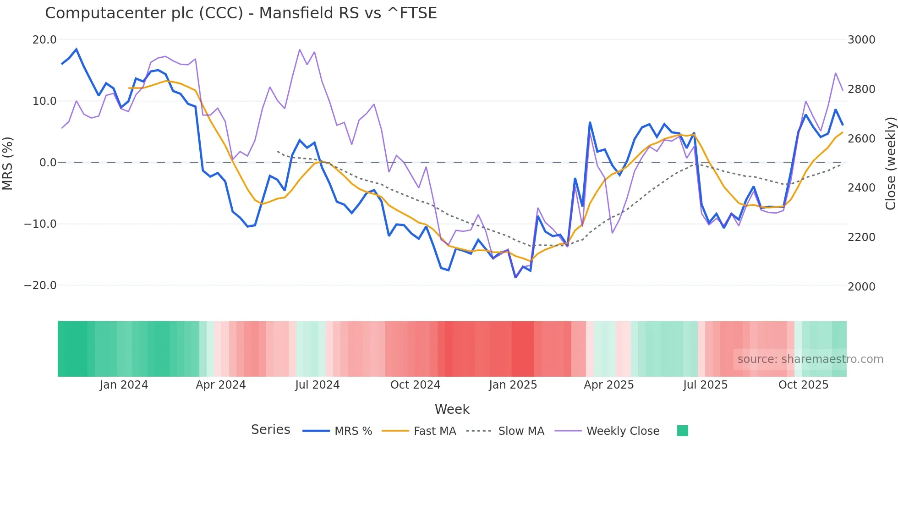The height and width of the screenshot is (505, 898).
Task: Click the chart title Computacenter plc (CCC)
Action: coord(241,13)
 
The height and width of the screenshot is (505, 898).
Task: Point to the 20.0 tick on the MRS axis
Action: coord(44,40)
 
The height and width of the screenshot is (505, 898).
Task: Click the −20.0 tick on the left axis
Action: coord(40,285)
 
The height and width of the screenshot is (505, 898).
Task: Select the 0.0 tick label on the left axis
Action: coord(48,163)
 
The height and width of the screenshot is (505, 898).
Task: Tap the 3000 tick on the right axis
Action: coord(861,40)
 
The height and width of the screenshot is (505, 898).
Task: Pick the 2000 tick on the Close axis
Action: coord(861,286)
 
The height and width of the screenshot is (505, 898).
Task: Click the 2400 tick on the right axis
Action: coord(861,188)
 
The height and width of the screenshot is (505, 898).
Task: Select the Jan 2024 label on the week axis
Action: coord(124,385)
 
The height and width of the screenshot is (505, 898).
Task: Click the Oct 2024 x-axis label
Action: coord(415,385)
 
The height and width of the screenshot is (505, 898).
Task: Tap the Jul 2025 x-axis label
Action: coord(705,385)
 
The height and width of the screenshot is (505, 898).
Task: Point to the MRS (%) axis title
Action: coord(8,163)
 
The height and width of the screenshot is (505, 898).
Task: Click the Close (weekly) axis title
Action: coord(890,163)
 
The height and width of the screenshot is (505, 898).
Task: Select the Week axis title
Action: coord(452,409)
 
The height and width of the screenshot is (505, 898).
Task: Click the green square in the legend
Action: coord(682,431)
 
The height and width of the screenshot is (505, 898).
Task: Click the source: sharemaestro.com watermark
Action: coord(810,359)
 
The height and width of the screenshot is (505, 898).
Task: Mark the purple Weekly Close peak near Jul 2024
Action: coord(300,49)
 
